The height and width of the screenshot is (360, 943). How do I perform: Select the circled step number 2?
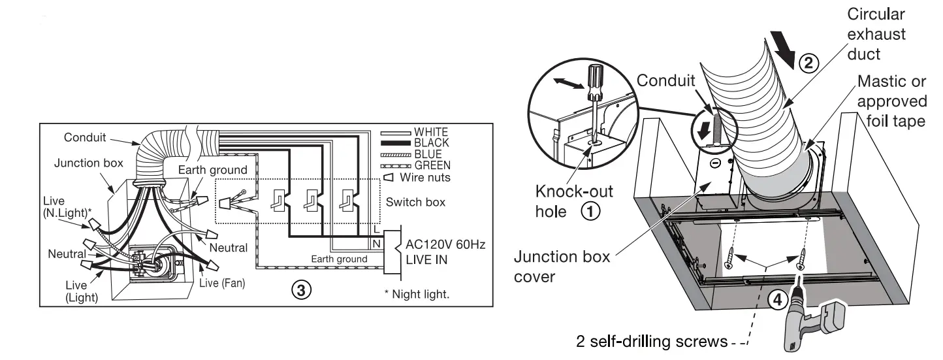tap(808, 63)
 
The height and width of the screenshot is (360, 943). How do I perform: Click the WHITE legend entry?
tap(432, 133)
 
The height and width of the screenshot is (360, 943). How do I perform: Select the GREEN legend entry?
tap(432, 165)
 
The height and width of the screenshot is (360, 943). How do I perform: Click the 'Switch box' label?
tap(415, 203)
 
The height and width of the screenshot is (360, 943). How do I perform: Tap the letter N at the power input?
tap(376, 244)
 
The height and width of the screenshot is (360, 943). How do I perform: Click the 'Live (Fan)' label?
tap(222, 283)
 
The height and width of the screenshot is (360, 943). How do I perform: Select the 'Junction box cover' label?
tap(562, 267)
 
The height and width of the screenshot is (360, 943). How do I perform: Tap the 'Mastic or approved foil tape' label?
tap(891, 101)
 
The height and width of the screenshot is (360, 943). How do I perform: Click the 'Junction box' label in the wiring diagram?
tap(88, 163)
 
